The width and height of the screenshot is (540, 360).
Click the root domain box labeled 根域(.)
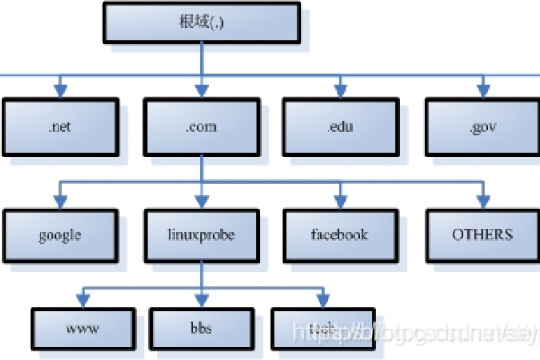click(x=202, y=22)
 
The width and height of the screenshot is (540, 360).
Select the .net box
click(x=59, y=127)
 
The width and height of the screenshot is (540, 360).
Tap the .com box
click(x=202, y=127)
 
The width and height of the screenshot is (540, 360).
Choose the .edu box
click(x=341, y=127)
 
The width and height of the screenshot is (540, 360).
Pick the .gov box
click(x=481, y=127)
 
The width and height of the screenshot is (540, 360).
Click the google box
click(x=59, y=236)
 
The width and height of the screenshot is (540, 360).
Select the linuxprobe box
click(x=202, y=236)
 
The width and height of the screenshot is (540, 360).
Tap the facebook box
click(x=341, y=236)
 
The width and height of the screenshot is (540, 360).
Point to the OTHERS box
click(x=481, y=236)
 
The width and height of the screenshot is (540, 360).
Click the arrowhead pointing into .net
click(x=59, y=90)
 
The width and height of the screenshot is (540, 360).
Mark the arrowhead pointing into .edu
click(x=341, y=90)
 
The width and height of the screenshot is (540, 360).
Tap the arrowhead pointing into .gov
click(x=481, y=90)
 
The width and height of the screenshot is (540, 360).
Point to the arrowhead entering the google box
click(x=59, y=200)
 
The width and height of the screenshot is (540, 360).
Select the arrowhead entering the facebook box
click(x=341, y=200)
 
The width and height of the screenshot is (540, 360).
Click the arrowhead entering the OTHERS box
click(x=481, y=200)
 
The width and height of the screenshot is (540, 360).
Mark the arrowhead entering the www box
click(x=85, y=299)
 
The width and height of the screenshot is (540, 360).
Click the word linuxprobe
click(x=202, y=236)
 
